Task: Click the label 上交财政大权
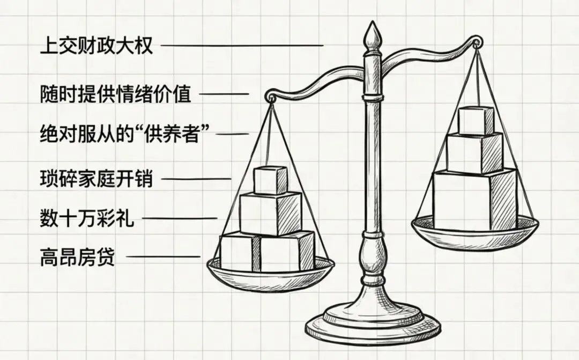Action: pyautogui.click(x=96, y=46)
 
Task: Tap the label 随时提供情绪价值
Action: pyautogui.click(x=115, y=94)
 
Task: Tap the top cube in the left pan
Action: pyautogui.click(x=270, y=180)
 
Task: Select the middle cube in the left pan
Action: pyautogui.click(x=270, y=212)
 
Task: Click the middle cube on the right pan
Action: pyautogui.click(x=474, y=153)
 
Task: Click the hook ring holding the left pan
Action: pyautogui.click(x=272, y=97)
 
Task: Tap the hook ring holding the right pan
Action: pyautogui.click(x=476, y=42)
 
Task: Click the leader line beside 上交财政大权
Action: pyautogui.click(x=241, y=46)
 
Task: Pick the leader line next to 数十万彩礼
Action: pyautogui.click(x=179, y=218)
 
